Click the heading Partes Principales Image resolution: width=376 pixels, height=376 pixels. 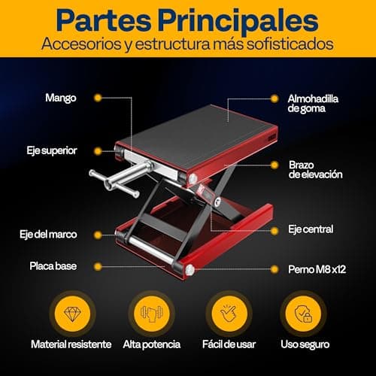click(x=187, y=19)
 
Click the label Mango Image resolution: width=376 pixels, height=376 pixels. click(x=61, y=98)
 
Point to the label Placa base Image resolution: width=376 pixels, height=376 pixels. click(x=52, y=265)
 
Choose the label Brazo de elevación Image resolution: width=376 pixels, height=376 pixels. click(x=315, y=168)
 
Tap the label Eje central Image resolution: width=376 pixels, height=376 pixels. click(x=311, y=229)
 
